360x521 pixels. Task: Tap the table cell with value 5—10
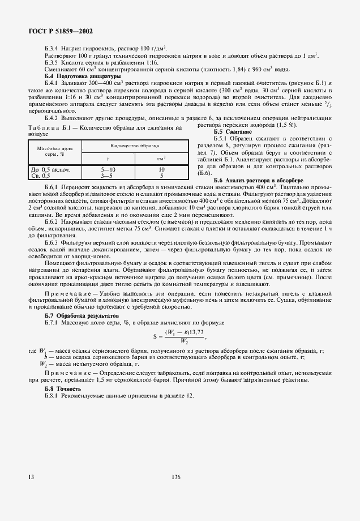pos(108,169)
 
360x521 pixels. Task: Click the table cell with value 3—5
pos(108,175)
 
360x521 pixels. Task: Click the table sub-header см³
pos(161,158)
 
